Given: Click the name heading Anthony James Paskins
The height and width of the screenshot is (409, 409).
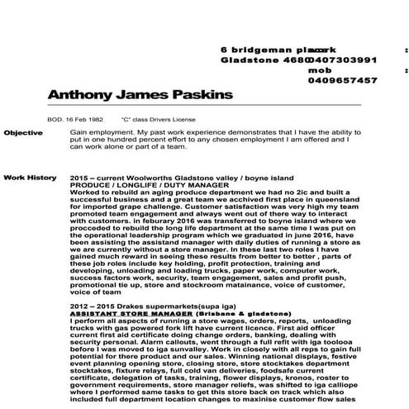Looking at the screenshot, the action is (x=140, y=95).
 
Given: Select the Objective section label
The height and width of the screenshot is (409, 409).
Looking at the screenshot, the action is (x=22, y=132).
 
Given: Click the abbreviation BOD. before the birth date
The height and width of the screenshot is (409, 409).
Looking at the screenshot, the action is (x=55, y=119).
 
